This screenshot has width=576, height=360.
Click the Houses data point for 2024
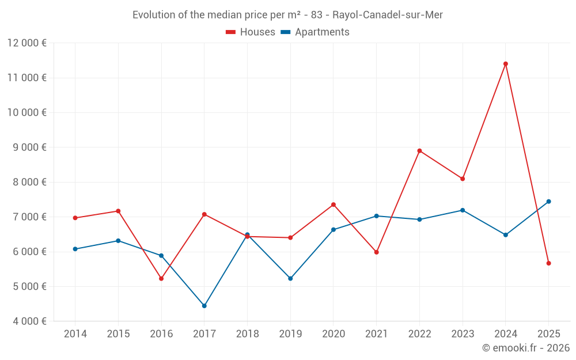coord(506,64)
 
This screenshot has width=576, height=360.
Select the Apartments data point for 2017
coord(204,306)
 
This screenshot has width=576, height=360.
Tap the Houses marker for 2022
coord(419,151)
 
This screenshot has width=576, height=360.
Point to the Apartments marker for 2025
coord(548,202)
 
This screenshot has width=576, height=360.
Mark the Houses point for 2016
coord(161,279)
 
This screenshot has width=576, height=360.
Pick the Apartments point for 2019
coord(290,279)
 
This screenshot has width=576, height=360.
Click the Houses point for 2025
coord(548,263)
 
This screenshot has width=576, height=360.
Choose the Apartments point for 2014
coord(75,249)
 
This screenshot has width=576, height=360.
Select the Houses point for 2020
coord(334,204)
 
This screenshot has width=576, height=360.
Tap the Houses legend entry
coord(251,32)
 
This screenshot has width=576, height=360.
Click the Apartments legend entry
coord(315,32)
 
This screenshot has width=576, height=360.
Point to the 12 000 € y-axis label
coord(27,43)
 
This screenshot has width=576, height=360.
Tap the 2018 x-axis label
coord(248,334)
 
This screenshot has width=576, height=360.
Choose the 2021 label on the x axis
coord(377,334)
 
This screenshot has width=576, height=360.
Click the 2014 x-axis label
coord(75,334)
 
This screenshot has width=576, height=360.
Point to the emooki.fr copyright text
coord(526,348)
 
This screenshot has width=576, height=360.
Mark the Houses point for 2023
coord(463,179)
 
